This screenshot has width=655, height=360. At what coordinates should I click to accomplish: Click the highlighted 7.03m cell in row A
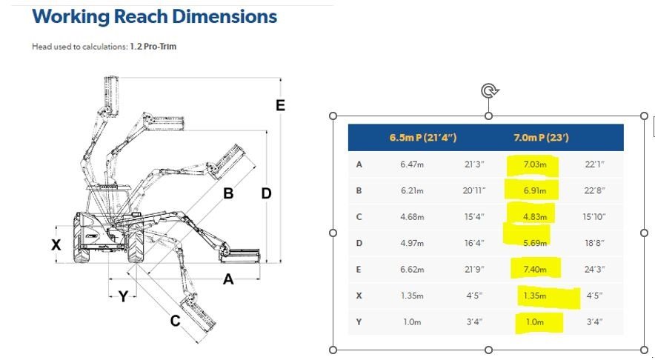pos(535,164)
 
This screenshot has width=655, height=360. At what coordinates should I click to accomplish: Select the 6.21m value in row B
pos(412,191)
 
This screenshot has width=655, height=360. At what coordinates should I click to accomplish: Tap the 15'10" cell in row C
pos(594,217)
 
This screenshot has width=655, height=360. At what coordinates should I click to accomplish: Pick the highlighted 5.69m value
pos(535,243)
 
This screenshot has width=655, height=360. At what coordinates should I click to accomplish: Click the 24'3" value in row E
pos(594,270)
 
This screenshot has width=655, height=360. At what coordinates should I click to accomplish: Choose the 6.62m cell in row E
pos(412,270)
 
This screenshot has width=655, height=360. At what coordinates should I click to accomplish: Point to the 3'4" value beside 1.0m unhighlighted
pos(474,322)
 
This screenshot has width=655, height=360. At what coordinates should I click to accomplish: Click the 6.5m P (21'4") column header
pos(423,138)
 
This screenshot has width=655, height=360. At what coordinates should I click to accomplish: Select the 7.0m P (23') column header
pos(541,138)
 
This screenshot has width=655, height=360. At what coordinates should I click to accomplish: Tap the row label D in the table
pos(359,243)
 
